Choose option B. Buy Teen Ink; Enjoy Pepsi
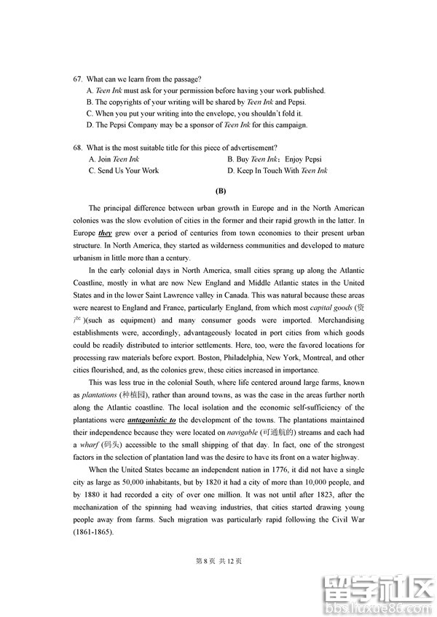tap(274, 159)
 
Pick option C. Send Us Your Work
tap(123, 170)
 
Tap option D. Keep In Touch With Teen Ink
tap(277, 170)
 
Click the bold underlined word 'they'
tap(106, 234)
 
